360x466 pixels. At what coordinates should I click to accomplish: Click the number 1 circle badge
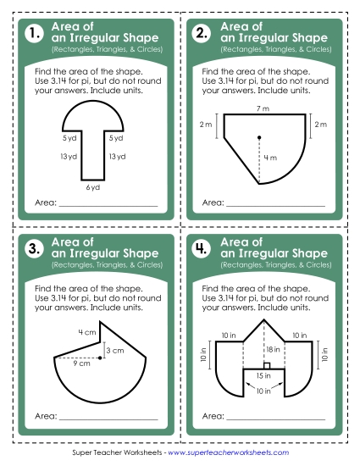click(x=34, y=35)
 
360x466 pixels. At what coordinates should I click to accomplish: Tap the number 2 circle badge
click(x=202, y=35)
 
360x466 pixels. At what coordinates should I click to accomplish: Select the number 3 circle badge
click(x=34, y=249)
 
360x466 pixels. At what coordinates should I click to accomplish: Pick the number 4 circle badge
click(x=202, y=249)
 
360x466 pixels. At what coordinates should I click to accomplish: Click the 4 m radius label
click(x=269, y=158)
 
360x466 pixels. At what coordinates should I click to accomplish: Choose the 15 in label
click(x=264, y=374)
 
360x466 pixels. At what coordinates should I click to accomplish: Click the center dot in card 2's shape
click(x=259, y=136)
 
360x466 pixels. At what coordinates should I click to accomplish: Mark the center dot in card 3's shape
click(x=100, y=358)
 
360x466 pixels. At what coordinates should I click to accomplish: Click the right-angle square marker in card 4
click(x=266, y=365)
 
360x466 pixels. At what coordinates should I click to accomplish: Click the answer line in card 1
click(x=108, y=204)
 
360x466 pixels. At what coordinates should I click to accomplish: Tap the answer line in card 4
click(x=276, y=419)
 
